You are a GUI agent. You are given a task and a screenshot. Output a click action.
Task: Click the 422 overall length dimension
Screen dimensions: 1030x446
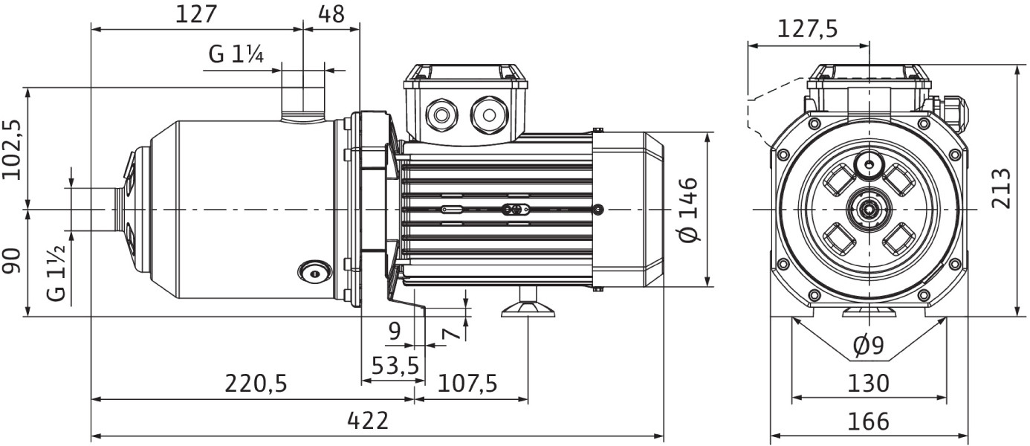click(368, 420)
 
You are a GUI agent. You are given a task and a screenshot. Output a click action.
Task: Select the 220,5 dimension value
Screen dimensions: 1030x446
click(256, 383)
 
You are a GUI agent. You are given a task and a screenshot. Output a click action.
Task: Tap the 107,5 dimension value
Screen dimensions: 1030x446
click(467, 383)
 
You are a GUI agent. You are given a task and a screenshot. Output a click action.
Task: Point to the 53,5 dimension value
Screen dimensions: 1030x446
click(395, 366)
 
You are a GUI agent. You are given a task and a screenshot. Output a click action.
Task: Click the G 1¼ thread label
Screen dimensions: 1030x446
click(236, 55)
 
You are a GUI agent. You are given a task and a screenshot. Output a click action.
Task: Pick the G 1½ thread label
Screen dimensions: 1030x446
click(56, 273)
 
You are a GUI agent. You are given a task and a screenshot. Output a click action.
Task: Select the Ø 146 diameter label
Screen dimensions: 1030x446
click(688, 210)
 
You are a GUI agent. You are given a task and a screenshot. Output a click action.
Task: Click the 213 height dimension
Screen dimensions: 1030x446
click(1001, 189)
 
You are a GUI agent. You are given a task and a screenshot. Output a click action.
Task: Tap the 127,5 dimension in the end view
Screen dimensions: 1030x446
click(808, 30)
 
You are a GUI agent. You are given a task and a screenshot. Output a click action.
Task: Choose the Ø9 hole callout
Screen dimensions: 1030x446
click(868, 346)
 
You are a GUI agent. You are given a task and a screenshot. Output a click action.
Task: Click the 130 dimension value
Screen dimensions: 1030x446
click(868, 383)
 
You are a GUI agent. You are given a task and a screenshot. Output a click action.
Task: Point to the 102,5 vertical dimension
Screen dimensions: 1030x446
click(12, 150)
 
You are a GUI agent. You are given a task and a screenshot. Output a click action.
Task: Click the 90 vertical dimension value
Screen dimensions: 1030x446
click(12, 261)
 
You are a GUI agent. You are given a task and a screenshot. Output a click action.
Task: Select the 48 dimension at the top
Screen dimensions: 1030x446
click(331, 14)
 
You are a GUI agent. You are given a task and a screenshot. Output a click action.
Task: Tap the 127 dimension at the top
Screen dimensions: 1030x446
click(196, 14)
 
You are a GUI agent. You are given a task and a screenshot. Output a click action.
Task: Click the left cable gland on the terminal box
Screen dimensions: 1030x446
click(441, 115)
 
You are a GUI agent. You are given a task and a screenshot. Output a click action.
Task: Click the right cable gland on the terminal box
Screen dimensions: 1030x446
click(489, 115)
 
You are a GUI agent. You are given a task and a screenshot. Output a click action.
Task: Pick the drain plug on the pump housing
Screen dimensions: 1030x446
click(314, 273)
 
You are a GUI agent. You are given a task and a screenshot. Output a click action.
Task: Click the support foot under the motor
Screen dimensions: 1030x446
click(528, 305)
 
